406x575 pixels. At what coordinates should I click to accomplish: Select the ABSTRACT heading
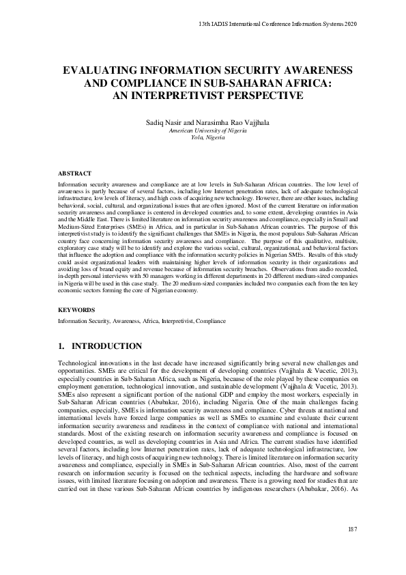[74, 174]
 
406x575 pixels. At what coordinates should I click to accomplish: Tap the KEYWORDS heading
[76, 309]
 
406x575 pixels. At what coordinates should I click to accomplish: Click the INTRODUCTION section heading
[107, 346]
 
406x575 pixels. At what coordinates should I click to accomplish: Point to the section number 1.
[61, 346]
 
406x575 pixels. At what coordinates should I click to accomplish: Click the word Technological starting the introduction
[77, 362]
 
